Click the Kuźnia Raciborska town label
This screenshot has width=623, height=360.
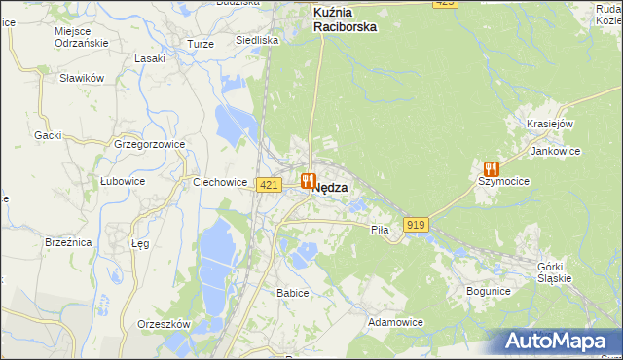coord(345,20)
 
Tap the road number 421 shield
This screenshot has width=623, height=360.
coord(270,185)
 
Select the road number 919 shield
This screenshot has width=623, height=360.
coord(417,225)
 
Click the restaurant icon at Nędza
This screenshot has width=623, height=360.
coord(309,180)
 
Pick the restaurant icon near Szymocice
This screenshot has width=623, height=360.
coord(490,167)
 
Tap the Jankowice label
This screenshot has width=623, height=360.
coord(555,152)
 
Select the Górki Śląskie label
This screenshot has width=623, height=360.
coord(557,271)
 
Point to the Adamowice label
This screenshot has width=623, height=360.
coord(394,320)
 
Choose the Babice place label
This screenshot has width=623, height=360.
coord(292,293)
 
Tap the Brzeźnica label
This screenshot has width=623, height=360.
coord(67,242)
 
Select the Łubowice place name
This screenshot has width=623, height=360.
coord(123,181)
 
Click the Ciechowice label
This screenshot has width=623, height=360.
coord(216,181)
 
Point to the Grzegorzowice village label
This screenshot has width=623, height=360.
coord(149,144)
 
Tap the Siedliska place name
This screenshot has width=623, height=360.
coord(257,41)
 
